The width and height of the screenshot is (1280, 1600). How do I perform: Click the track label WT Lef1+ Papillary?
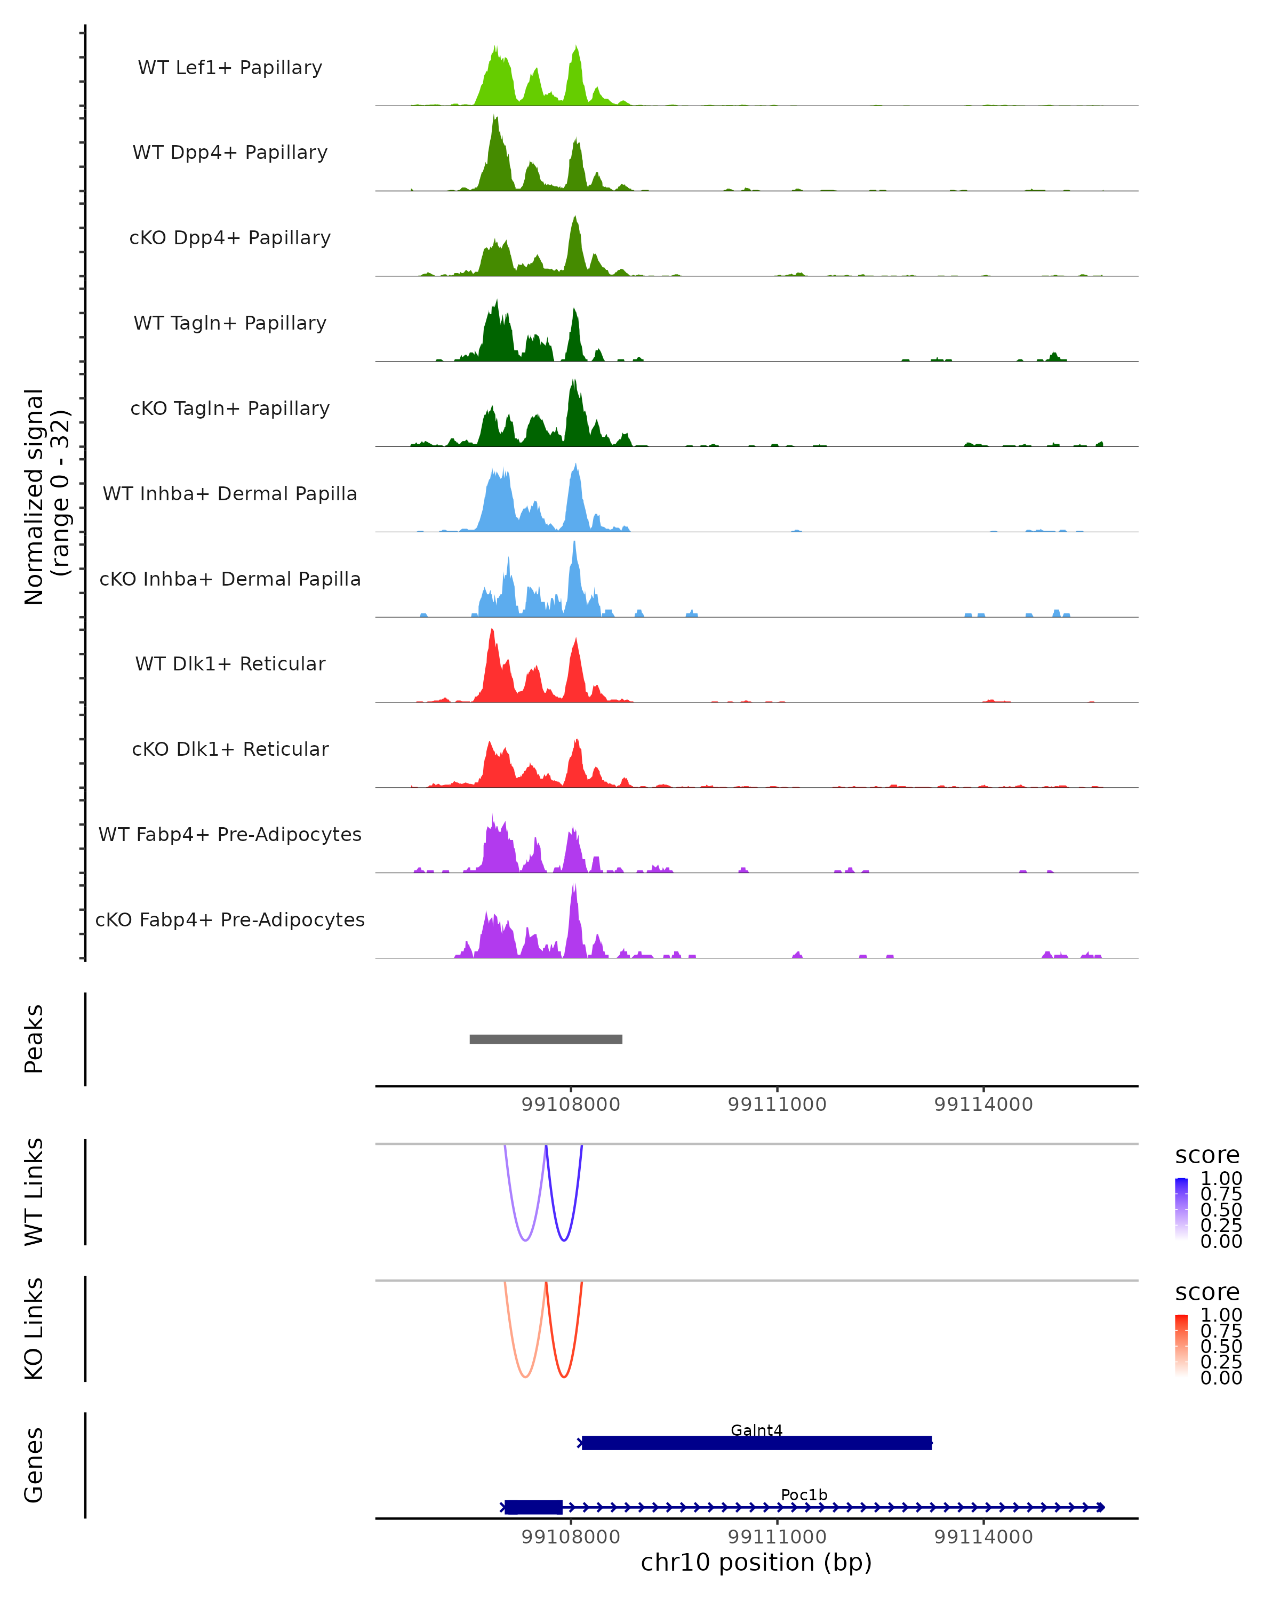tap(230, 68)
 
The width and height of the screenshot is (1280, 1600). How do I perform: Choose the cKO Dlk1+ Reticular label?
tap(230, 749)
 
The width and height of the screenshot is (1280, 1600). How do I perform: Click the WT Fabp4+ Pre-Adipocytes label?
tap(230, 834)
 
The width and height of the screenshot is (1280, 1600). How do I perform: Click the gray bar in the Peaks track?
tap(546, 1039)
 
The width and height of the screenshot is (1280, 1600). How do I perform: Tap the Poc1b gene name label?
tap(804, 1494)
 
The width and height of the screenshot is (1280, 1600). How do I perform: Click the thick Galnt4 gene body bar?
tap(756, 1443)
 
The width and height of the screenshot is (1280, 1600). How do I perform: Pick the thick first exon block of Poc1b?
tap(533, 1507)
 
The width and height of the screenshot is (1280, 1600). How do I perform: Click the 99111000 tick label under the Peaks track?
tap(777, 1105)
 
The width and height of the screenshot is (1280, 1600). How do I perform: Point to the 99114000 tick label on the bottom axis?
tap(983, 1537)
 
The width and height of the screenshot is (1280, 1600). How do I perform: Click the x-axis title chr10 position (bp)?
tap(756, 1563)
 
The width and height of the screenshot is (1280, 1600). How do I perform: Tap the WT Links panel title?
tap(34, 1192)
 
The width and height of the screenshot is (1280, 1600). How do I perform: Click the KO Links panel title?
tap(34, 1329)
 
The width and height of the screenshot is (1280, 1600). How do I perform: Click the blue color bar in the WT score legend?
tap(1181, 1208)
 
